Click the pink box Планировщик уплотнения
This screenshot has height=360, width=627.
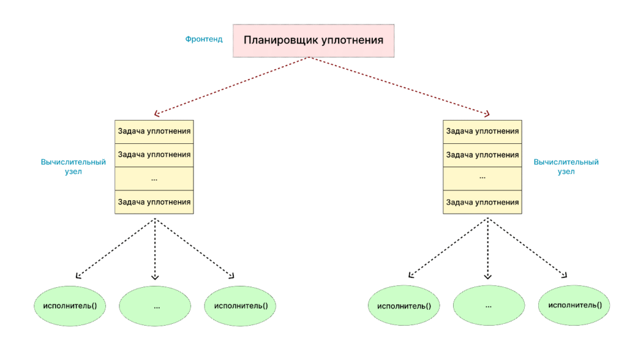tap(313, 40)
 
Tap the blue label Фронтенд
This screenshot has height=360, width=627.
tap(204, 39)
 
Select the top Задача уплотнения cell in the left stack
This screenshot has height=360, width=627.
tap(154, 131)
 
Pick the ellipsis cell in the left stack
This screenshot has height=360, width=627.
tap(154, 178)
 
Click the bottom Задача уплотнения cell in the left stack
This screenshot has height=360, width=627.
tap(154, 202)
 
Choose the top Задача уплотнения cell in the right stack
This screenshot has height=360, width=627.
tap(482, 131)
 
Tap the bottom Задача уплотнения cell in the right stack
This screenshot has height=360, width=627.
tap(482, 202)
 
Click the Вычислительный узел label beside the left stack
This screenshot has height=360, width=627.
tap(73, 167)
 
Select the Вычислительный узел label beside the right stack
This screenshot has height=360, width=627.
tap(566, 167)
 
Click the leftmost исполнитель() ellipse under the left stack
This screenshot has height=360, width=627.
tap(69, 305)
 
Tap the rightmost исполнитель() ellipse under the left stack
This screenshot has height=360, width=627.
tap(241, 305)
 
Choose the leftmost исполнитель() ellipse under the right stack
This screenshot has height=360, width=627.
tap(404, 306)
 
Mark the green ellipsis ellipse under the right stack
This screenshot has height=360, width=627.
tap(489, 305)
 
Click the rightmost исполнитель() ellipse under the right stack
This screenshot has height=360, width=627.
tap(574, 305)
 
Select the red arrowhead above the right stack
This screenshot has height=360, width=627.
tap(487, 114)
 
